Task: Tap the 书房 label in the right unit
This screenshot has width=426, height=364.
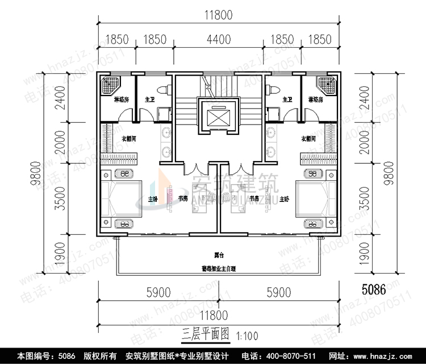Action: coord(253,199)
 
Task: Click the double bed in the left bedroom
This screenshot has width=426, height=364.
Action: coord(122,199)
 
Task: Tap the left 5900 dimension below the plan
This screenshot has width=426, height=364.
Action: coord(158,293)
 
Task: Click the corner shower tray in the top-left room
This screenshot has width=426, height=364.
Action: coord(109,85)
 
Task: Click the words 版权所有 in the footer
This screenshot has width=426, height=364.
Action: coord(101,356)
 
